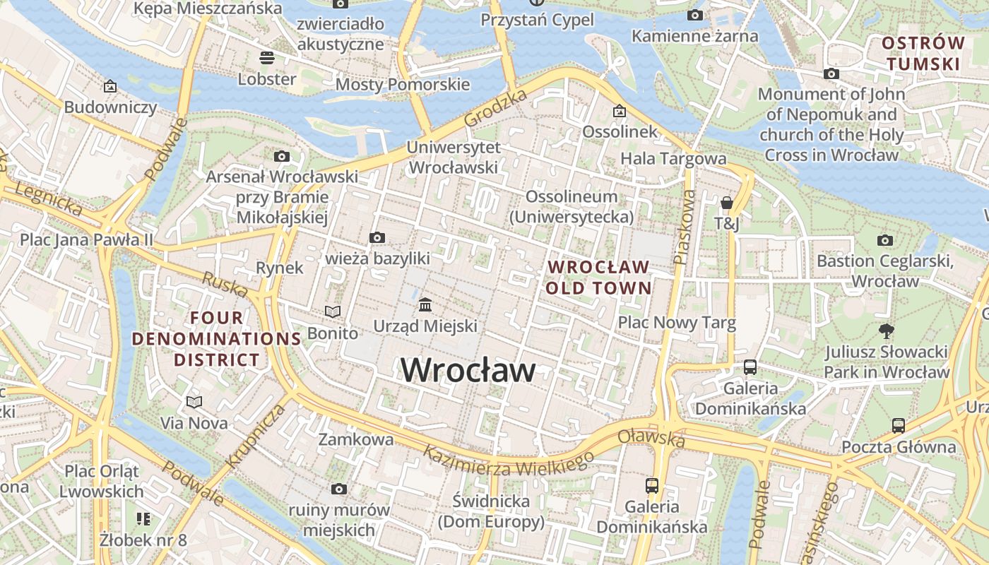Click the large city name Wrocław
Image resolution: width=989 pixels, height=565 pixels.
468,370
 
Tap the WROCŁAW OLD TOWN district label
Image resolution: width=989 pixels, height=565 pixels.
598,278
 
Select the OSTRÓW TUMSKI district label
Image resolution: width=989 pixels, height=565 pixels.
923,54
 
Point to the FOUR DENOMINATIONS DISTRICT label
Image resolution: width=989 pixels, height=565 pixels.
217,339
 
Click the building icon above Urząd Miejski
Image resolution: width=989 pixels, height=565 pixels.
425,305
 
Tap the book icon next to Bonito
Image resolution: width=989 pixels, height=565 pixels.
332,311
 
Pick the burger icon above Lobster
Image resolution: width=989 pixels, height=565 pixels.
267,57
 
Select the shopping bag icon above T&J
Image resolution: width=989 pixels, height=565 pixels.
726,203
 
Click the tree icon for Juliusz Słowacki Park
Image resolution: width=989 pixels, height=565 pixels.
885,331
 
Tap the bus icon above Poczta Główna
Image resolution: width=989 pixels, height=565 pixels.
898,426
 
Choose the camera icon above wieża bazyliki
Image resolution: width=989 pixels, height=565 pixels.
377,237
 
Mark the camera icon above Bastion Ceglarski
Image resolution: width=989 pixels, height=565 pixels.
884,240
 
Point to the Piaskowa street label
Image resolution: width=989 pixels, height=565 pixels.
682,226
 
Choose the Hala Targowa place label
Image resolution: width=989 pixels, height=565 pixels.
673,159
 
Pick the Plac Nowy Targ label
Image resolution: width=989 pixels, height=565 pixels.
677,323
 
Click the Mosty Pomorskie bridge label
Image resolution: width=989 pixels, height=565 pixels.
402,85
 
